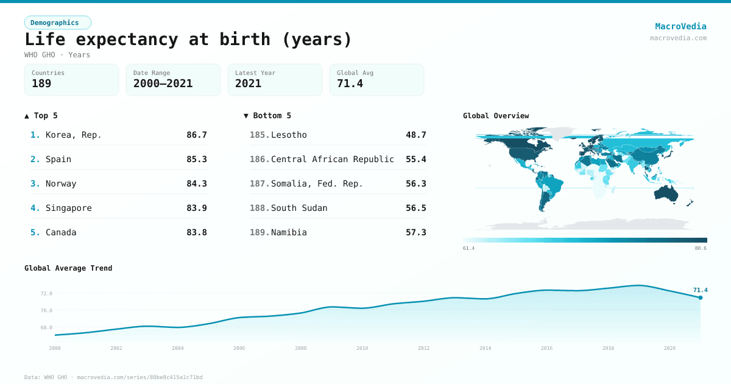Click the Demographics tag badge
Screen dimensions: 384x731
[57, 23]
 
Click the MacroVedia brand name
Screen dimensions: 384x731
[680, 26]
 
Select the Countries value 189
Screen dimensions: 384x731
[41, 84]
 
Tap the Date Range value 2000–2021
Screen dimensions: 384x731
[163, 84]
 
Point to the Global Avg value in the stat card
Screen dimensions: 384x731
[350, 84]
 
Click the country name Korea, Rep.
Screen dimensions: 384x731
[74, 135]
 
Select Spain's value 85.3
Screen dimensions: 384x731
[196, 159]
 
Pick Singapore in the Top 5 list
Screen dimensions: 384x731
[69, 208]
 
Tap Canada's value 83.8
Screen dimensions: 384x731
[196, 232]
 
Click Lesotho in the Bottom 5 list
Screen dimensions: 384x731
[289, 135]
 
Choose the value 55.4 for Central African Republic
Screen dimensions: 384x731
[415, 159]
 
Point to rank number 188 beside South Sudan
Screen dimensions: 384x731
[259, 208]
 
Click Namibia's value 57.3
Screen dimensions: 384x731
[415, 232]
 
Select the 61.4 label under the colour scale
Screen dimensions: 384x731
[468, 248]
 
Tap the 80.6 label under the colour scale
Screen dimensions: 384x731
[701, 248]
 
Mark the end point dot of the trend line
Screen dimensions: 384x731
[701, 297]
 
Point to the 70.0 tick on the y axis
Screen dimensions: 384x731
[46, 311]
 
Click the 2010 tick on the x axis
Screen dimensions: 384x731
[362, 348]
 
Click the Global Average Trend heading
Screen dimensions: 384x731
[68, 268]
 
